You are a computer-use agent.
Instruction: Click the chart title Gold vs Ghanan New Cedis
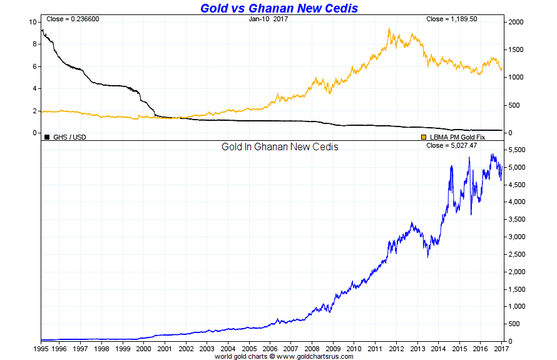pyautogui.click(x=278, y=8)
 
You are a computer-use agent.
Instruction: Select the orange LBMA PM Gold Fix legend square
pyautogui.click(x=424, y=136)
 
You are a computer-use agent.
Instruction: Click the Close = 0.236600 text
pyautogui.click(x=73, y=19)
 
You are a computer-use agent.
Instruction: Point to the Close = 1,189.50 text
pyautogui.click(x=452, y=19)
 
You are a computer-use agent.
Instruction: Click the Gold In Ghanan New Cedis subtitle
pyautogui.click(x=280, y=147)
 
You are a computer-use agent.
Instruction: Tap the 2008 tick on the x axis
pyautogui.click(x=312, y=349)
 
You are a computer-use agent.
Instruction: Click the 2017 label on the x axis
pyautogui.click(x=501, y=349)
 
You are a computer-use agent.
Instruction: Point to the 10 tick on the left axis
pyautogui.click(x=33, y=22)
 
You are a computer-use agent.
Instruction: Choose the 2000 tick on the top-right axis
pyautogui.click(x=515, y=22)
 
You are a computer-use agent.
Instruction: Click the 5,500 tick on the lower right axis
pyautogui.click(x=517, y=150)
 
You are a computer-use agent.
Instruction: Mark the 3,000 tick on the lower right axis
pyautogui.click(x=517, y=237)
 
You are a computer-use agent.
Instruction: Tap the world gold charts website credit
pyautogui.click(x=284, y=356)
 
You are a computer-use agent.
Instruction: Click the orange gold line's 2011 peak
pyautogui.click(x=389, y=29)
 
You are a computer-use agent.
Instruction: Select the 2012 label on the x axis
pyautogui.click(x=396, y=349)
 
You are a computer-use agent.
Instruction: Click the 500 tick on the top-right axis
pyautogui.click(x=513, y=105)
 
